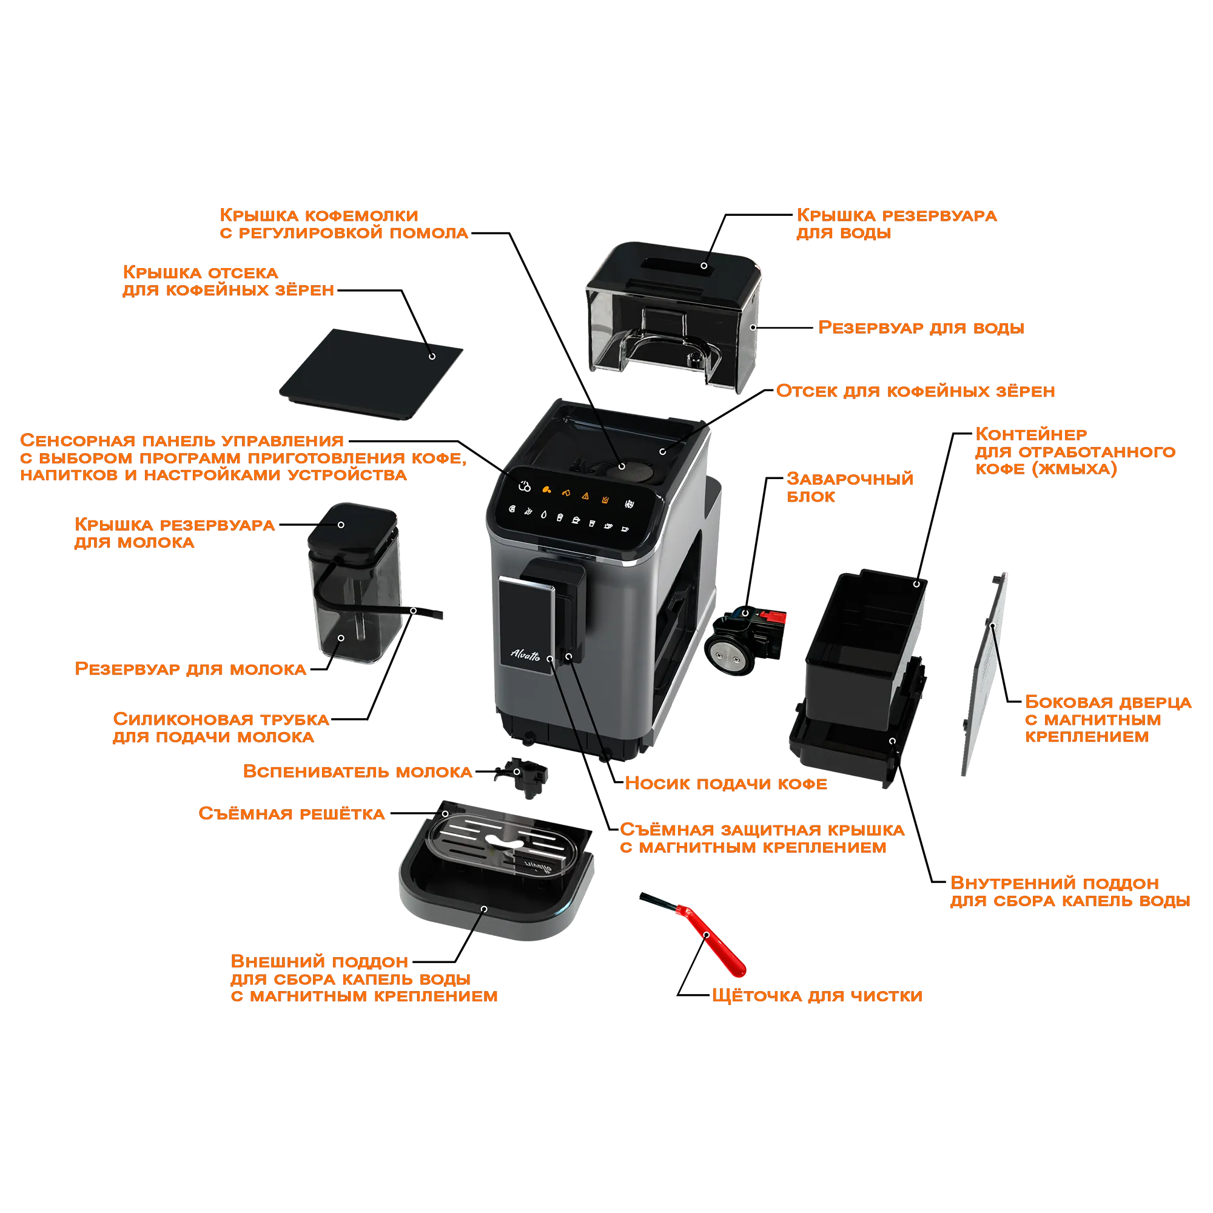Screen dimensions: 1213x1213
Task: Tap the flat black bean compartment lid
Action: tap(371, 374)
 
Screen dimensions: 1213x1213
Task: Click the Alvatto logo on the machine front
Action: tap(525, 655)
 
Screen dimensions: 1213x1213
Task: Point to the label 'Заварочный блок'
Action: tap(850, 488)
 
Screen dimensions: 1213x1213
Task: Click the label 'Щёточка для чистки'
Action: tap(817, 996)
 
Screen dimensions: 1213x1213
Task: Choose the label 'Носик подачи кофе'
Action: tap(726, 784)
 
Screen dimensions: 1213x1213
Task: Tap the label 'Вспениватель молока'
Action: tap(357, 771)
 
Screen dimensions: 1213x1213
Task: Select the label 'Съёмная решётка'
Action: tap(291, 814)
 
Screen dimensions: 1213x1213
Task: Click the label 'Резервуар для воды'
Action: tap(921, 328)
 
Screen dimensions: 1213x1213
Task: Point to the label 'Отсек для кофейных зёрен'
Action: tap(915, 391)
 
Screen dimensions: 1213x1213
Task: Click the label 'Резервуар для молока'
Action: tap(190, 670)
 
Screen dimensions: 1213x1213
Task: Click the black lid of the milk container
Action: tap(352, 531)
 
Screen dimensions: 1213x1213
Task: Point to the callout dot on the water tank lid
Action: tap(704, 266)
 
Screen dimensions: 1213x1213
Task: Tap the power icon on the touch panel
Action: tap(525, 486)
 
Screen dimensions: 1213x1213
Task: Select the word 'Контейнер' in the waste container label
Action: tap(1031, 434)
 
